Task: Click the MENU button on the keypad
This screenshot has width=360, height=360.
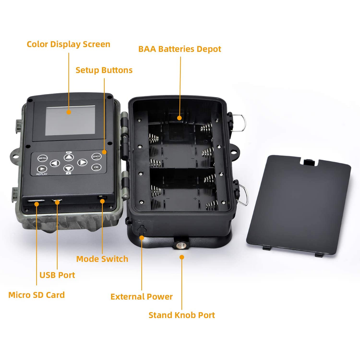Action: click(42, 158)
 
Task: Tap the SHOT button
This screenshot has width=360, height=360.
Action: click(96, 157)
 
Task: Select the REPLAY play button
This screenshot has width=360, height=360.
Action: click(42, 169)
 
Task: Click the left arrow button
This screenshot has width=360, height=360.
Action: click(55, 163)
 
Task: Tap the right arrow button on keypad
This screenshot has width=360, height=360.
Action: click(82, 162)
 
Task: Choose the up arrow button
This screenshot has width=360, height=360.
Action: click(69, 157)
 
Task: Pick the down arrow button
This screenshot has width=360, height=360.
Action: click(68, 168)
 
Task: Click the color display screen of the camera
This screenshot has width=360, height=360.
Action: click(70, 120)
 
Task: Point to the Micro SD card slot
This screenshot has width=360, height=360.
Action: click(36, 201)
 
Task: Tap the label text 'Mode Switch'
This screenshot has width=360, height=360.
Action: click(102, 259)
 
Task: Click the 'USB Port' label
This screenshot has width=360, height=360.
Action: click(57, 275)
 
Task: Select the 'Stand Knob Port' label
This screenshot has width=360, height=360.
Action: click(182, 315)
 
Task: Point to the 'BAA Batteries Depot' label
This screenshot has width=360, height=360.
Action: click(180, 49)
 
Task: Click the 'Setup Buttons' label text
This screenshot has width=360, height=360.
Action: click(104, 70)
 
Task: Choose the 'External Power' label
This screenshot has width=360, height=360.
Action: click(141, 297)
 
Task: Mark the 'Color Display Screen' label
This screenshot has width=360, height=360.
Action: click(68, 44)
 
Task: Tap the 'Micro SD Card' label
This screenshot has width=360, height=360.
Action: click(36, 295)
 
